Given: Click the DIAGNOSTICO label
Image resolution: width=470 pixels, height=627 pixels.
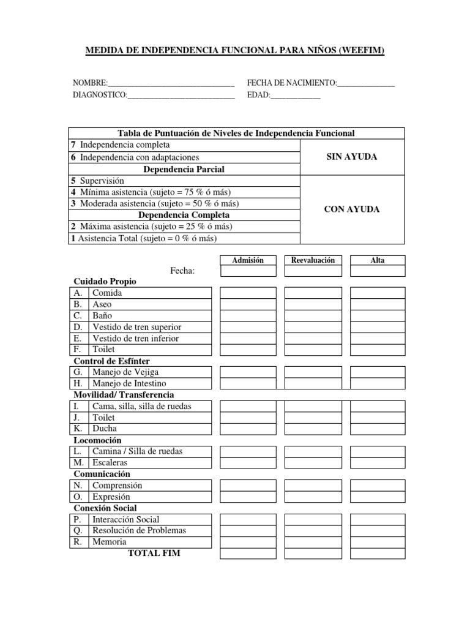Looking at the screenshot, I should tap(100, 95).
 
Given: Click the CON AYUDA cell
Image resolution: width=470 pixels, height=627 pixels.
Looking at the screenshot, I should tap(352, 209).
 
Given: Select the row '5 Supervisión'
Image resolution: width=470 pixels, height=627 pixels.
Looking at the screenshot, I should tap(184, 181).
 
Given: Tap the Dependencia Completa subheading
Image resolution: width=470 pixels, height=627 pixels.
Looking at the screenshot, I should tap(184, 215).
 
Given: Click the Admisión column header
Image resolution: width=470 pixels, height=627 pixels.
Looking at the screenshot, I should tap(248, 260).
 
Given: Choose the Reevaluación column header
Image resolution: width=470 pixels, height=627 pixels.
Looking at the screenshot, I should tap(313, 260).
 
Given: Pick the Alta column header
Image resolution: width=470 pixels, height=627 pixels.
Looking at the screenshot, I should tap(378, 260).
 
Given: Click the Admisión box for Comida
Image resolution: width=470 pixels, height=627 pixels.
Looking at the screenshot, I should tap(248, 293).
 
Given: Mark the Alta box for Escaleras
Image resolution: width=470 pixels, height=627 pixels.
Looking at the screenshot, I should tap(378, 462).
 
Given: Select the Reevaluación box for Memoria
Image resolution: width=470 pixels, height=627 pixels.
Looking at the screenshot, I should tap(313, 542).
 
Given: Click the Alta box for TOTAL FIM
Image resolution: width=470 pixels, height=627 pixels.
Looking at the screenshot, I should tap(378, 554).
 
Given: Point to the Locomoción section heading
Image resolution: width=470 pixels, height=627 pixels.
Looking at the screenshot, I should tap(97, 440).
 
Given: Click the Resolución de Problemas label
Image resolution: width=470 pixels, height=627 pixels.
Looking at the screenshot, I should tap(139, 530).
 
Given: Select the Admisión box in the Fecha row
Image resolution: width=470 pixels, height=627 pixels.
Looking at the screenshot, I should tap(248, 271).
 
